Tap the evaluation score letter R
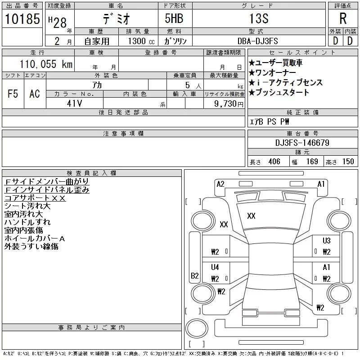[x=342, y=19]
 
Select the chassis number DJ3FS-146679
[x=302, y=143]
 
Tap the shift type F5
[x=13, y=94]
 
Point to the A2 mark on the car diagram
[x=220, y=184]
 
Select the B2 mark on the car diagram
[x=195, y=276]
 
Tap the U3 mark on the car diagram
[x=326, y=241]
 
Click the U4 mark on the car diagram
[x=215, y=267]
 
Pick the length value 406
[x=271, y=162]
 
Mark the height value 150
[x=348, y=162]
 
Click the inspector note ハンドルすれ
[x=27, y=222]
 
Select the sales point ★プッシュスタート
[x=279, y=93]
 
